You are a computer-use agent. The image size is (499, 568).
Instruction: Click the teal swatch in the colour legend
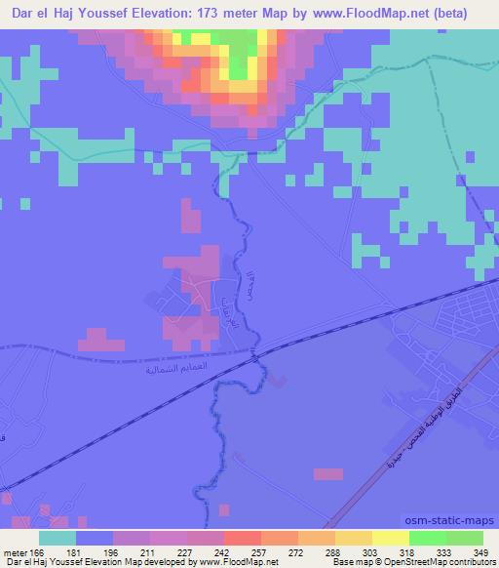(x=57, y=539)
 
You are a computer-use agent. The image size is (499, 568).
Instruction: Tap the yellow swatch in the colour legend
(x=390, y=539)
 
